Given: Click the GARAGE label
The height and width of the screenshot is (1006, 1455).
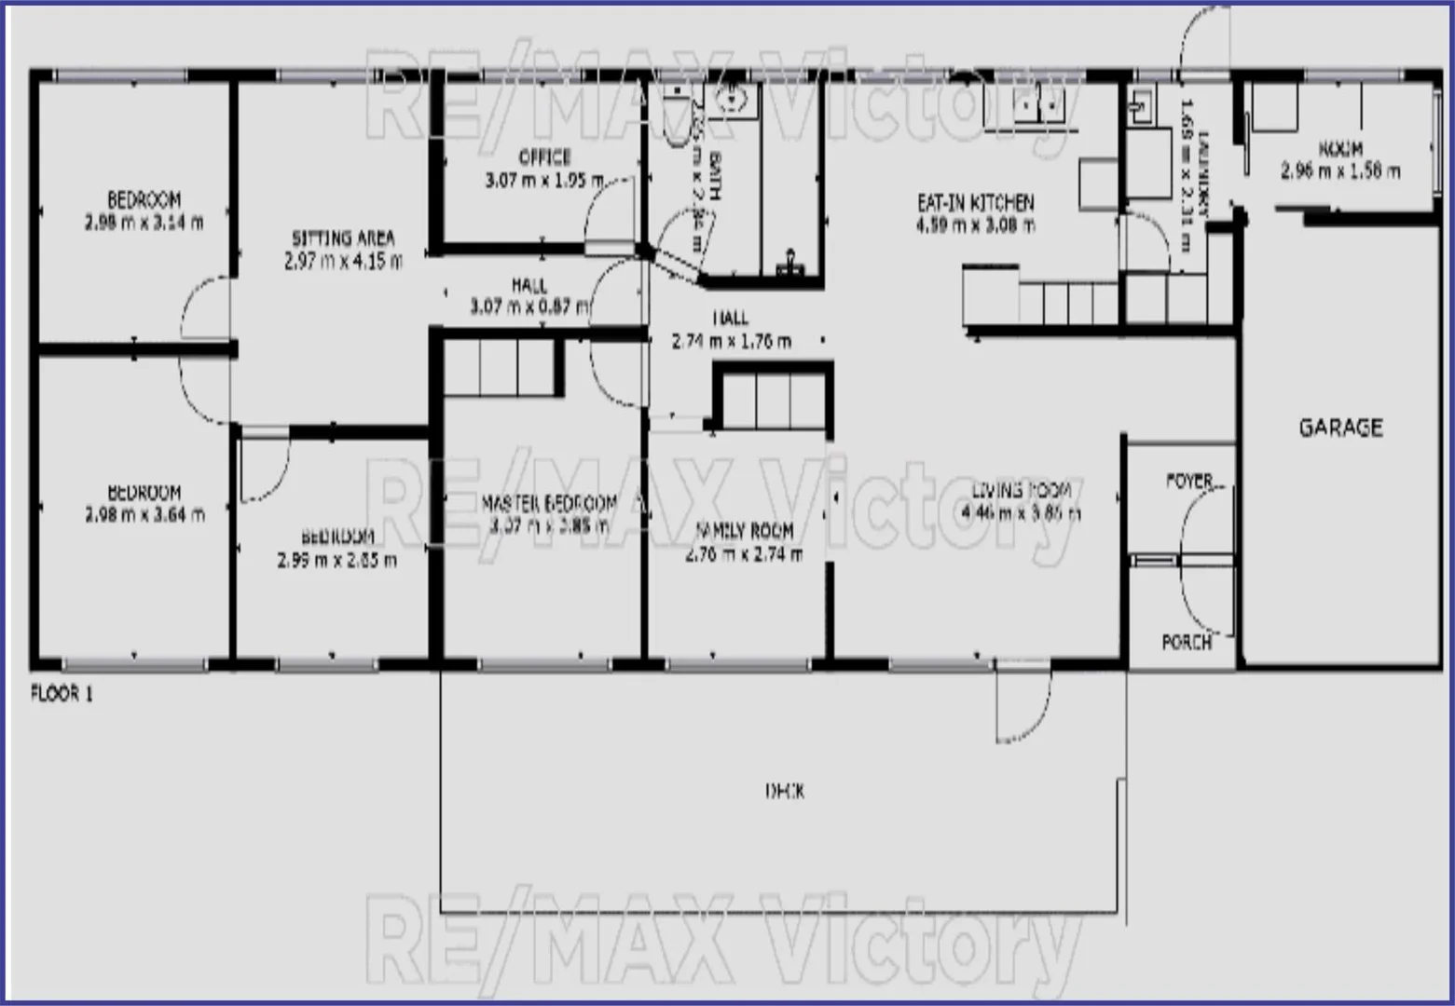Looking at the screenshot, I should [1340, 428].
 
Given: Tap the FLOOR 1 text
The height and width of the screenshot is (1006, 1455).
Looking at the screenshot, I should [62, 694].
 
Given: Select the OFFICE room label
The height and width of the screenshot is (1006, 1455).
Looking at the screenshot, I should [544, 156].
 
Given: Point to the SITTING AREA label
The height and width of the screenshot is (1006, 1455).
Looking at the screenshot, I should [343, 238].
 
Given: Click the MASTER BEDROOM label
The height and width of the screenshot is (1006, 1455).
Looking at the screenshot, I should [548, 504].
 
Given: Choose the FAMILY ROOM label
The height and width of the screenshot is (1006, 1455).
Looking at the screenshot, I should [744, 531].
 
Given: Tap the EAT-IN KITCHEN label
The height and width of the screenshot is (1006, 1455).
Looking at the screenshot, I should [975, 202].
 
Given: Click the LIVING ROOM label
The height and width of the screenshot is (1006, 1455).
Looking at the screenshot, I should [1022, 490].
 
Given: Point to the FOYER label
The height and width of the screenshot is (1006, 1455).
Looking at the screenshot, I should [1188, 481].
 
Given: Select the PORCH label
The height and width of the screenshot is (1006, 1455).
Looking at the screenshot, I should [1186, 642].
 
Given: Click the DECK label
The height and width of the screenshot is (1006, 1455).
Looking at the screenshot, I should [784, 791].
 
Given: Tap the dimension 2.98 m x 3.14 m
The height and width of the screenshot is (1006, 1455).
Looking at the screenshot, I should [144, 223].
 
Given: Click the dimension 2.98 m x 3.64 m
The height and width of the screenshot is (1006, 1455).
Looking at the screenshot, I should [144, 515].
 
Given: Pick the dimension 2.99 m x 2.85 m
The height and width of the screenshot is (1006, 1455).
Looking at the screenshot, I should [336, 560].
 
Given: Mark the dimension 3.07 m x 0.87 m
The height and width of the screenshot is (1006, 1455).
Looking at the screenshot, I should [528, 306].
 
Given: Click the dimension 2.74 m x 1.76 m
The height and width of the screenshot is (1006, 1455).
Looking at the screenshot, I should [731, 342].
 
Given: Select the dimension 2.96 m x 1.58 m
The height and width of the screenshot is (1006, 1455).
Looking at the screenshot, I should [1339, 170].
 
